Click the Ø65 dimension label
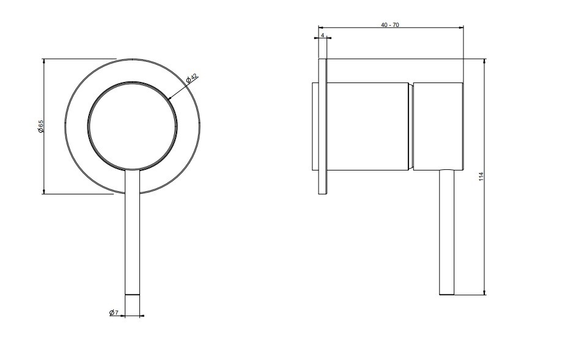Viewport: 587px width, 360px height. (41, 127)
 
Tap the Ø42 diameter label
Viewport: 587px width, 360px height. (191, 79)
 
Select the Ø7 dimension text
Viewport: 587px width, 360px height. (114, 313)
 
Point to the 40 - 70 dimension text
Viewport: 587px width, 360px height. (390, 25)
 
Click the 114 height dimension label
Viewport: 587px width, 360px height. (481, 177)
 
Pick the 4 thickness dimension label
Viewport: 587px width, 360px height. (322, 36)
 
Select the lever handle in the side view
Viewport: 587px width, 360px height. (447, 232)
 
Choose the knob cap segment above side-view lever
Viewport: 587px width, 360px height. (438, 125)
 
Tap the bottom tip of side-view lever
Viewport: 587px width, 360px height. (447, 294)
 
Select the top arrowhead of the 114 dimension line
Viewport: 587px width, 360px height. (485, 61)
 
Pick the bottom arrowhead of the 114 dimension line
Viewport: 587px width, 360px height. (485, 293)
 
